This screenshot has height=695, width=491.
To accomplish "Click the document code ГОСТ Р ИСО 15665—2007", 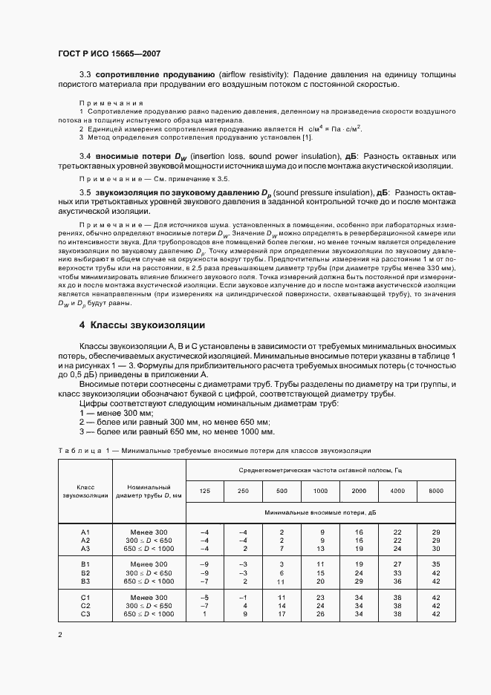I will click(x=109, y=53).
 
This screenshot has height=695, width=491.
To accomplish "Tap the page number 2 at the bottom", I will click(x=60, y=635).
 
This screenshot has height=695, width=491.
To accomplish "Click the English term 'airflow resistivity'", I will click(x=253, y=75).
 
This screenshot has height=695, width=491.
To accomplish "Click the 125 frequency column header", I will click(x=205, y=491).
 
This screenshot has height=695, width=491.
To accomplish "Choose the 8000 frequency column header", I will click(x=436, y=491).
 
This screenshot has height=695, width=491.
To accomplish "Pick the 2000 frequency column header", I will click(x=359, y=491).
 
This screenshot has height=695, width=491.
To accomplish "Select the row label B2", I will click(x=85, y=573).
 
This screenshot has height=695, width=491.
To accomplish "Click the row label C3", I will click(x=85, y=614).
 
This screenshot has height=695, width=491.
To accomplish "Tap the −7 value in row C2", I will click(x=205, y=606).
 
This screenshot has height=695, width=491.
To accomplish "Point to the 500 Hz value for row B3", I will click(x=282, y=581).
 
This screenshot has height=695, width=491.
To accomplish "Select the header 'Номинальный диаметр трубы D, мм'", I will click(x=149, y=491).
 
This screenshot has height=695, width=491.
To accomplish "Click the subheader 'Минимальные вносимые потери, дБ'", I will click(x=320, y=512).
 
